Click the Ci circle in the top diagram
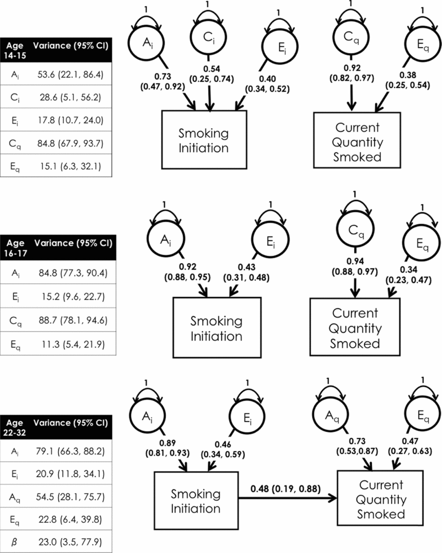pos(209,39)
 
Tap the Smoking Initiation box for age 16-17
pos(217,328)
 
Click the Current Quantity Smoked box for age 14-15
pos(357,140)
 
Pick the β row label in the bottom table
pos(15,541)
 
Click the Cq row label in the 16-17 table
pos(15,320)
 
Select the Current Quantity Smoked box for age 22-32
pos(381,499)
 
